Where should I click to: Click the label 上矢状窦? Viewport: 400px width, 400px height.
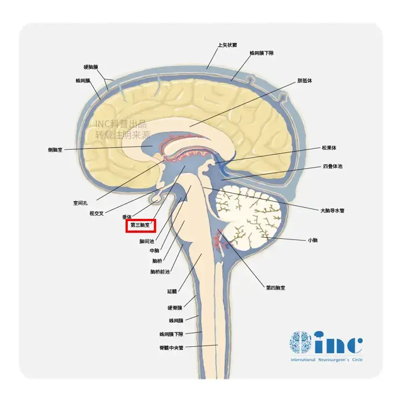(x=227, y=45)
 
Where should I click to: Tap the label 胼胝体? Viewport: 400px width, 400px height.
(x=304, y=81)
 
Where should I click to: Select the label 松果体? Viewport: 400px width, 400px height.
(x=329, y=148)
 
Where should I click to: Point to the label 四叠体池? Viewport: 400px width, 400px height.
(x=333, y=166)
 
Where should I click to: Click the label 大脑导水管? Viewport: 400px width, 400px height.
(x=332, y=211)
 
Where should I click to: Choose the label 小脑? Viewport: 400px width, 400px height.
(x=313, y=240)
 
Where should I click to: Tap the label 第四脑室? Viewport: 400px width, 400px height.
(x=276, y=288)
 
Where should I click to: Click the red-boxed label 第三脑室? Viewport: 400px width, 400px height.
(x=141, y=225)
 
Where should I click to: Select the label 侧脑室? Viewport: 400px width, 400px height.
(x=55, y=150)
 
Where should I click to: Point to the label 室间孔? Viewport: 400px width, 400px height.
(x=81, y=203)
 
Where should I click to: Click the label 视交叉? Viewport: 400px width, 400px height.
(x=97, y=213)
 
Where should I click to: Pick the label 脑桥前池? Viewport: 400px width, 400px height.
(x=160, y=272)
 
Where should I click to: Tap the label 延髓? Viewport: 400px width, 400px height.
(x=172, y=291)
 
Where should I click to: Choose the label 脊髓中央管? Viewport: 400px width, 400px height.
(x=172, y=347)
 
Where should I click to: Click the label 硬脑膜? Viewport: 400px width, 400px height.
(x=91, y=67)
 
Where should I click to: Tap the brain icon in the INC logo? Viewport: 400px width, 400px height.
(x=300, y=342)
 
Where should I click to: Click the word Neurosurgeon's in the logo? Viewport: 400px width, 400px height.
(x=334, y=359)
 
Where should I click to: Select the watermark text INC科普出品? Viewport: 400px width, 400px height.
(x=121, y=124)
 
